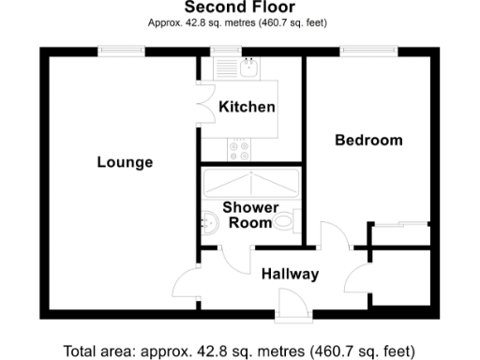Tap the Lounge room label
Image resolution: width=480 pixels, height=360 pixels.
coord(125,162)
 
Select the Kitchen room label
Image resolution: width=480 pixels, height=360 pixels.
coord(247,107)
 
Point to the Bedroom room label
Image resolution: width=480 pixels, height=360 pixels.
coord(369,141)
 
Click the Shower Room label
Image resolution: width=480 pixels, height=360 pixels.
coord(249,215)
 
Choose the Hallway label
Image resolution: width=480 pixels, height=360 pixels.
coord(290,275)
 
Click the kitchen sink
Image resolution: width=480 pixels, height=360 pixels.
coord(247,69)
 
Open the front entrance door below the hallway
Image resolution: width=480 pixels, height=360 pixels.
coord(292,302)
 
